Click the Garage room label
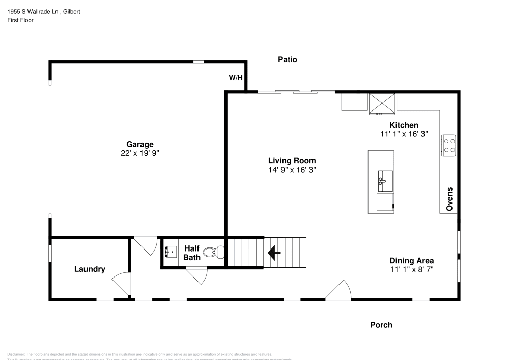[x=140, y=144]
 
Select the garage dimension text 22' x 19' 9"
[x=140, y=153]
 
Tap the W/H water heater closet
[x=236, y=78]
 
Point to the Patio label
[x=287, y=60]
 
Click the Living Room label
[x=292, y=161]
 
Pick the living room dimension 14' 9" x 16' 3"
[x=292, y=170]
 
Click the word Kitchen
[x=404, y=125]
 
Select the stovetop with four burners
[x=448, y=145]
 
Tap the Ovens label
[x=449, y=199]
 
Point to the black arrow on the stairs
[x=275, y=252]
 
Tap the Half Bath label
[x=191, y=253]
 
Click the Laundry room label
[x=90, y=269]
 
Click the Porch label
[x=381, y=325]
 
